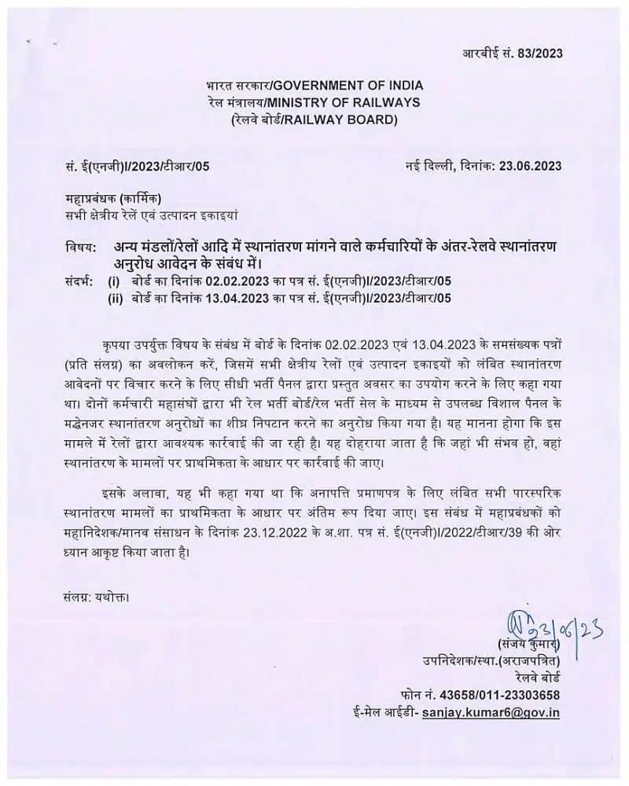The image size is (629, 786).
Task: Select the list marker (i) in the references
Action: click(114, 281)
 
